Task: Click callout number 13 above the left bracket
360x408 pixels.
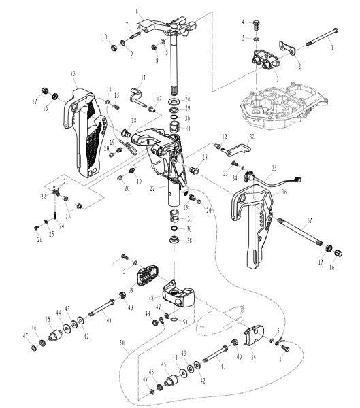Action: [x=73, y=73]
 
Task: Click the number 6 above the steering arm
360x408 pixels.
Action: [x=137, y=11]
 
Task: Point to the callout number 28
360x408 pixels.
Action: [x=189, y=99]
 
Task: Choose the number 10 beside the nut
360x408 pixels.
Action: [x=104, y=36]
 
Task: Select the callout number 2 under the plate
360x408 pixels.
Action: [x=280, y=67]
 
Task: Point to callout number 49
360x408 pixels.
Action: [x=146, y=313]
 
